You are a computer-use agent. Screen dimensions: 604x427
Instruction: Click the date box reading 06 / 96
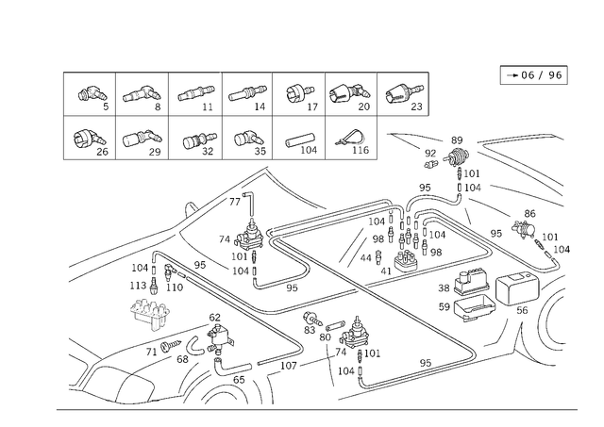533,75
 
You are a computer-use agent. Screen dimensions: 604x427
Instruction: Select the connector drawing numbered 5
92,94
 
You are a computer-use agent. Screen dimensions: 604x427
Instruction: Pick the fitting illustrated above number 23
404,93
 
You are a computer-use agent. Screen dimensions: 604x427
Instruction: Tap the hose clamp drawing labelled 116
352,137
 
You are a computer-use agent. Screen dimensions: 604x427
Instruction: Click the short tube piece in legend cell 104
300,140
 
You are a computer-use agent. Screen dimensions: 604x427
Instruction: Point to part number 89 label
457,140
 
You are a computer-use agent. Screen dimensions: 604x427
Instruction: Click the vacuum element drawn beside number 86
524,228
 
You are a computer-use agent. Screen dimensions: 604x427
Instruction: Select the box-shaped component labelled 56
517,287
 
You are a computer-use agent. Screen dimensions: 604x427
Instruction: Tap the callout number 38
444,288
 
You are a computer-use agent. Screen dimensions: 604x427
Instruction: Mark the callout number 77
235,202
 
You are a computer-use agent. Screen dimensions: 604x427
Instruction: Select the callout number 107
289,366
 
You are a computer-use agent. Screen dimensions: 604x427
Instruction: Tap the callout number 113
138,286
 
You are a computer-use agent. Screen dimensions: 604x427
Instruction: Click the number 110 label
175,287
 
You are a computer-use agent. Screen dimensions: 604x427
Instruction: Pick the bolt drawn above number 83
313,318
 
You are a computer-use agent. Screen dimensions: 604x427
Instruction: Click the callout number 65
239,380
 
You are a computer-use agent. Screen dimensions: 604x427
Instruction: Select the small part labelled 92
430,165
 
